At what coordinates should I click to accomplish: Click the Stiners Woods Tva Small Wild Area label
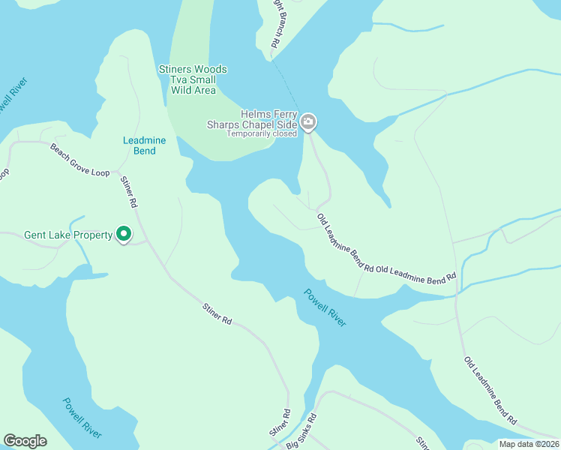tap(193, 80)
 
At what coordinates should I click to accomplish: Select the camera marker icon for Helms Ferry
tap(308, 121)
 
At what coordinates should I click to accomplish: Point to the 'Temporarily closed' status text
tap(262, 133)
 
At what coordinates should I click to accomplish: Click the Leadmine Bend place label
tap(139, 145)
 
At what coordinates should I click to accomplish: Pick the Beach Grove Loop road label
tap(79, 160)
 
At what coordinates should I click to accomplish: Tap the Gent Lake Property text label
tap(68, 235)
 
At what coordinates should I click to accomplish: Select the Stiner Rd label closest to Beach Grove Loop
tap(130, 193)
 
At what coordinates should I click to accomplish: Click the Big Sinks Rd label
tap(302, 432)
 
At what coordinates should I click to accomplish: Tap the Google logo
tap(25, 441)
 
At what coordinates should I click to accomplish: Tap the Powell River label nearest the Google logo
tap(82, 418)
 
